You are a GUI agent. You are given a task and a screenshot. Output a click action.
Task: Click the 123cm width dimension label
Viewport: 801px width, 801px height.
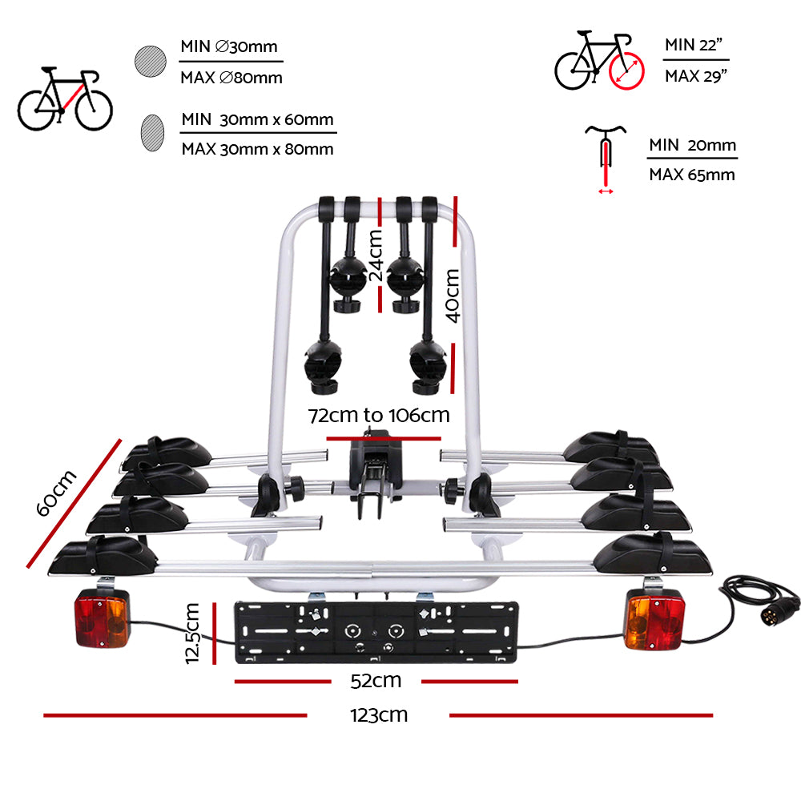pos(378,715)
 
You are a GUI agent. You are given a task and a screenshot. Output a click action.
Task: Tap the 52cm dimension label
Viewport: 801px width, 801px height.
pos(376,682)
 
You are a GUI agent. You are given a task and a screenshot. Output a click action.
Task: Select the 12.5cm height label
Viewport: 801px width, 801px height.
pos(191,633)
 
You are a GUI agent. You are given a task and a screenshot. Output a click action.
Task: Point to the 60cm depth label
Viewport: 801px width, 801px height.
pos(58,493)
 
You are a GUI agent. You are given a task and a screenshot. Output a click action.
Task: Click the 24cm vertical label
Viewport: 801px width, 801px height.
pos(375,255)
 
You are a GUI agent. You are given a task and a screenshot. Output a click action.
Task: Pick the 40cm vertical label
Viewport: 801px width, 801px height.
pos(453,295)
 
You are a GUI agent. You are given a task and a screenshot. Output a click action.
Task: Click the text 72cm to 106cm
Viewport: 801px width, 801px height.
pos(380,416)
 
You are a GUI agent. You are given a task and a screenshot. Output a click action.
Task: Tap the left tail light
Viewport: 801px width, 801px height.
pos(103,620)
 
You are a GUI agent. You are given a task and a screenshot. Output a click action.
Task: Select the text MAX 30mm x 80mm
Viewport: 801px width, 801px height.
pos(257,149)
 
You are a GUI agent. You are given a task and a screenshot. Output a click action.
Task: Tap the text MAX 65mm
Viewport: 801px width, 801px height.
pos(691,175)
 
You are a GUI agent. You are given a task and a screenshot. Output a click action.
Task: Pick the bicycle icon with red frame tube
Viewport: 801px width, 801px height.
pos(65,100)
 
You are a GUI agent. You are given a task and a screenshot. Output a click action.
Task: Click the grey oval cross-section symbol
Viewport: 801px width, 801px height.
pos(152,132)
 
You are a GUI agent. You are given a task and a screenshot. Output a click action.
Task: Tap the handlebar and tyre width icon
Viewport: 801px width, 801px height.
pos(606,156)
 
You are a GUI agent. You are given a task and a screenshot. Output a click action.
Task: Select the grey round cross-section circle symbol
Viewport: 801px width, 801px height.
pos(151,62)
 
